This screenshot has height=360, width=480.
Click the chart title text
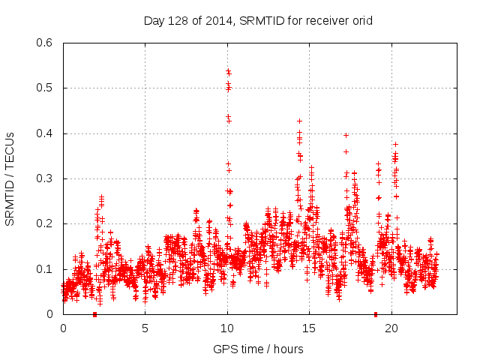258,21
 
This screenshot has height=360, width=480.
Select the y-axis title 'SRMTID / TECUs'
10,178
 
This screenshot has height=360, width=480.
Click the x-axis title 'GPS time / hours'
258,349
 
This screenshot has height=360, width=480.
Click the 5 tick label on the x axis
145,328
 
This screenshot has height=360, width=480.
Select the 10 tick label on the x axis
227,328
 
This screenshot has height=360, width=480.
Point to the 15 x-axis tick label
309,328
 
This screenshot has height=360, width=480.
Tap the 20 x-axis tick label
391,328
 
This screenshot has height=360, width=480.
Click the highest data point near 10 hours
228,70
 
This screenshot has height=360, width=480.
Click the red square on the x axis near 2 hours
94,314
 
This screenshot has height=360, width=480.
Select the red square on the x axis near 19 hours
376,314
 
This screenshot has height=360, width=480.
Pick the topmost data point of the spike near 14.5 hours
299,121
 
